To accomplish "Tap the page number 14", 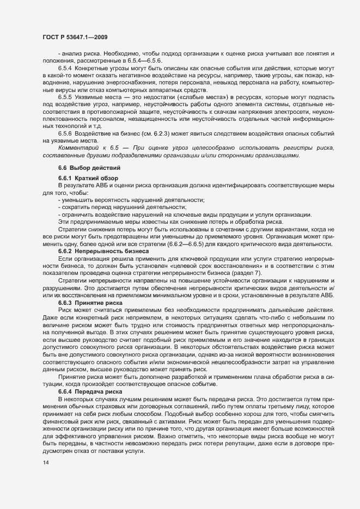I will [x=45, y=462].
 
